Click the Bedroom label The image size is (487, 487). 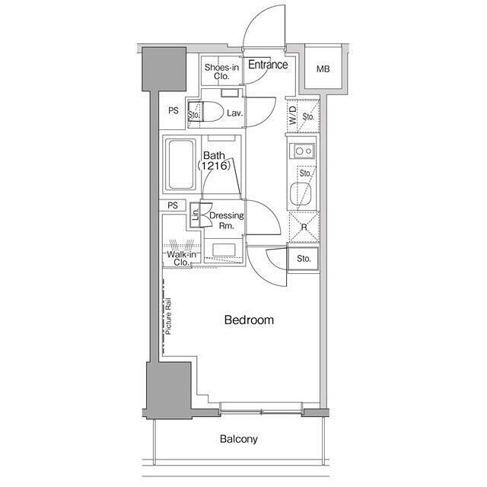249,320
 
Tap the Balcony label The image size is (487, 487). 238,439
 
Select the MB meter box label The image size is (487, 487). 323,69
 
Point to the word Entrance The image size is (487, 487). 268,65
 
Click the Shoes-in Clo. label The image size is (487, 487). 221,72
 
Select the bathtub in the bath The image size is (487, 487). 180,164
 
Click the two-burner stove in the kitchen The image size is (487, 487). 302,151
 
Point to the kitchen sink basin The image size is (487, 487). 301,195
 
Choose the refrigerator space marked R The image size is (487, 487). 304,227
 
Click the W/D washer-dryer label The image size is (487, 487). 293,116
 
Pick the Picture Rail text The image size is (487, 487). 168,317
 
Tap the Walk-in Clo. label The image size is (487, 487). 181,259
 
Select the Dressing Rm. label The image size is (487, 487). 227,221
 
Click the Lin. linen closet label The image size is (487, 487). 196,215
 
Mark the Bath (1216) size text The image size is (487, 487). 215,161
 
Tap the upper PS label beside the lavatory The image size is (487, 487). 173,110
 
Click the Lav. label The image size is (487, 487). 234,113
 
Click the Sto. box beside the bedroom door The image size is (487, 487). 304,259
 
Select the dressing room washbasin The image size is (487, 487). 224,250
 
